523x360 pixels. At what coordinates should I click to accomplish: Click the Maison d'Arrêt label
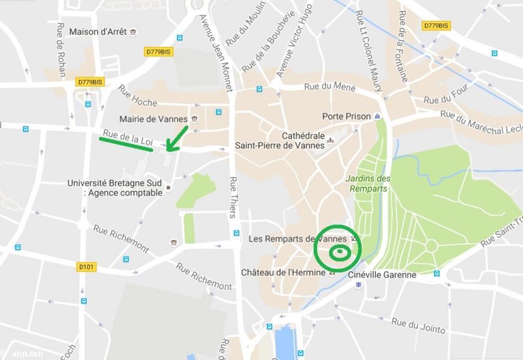(x=98, y=32)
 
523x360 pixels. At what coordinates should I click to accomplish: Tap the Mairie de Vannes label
(x=153, y=119)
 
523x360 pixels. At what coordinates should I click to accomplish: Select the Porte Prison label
(x=346, y=116)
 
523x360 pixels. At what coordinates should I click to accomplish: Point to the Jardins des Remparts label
(x=368, y=184)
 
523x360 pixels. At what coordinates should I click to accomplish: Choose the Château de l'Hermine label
(x=282, y=272)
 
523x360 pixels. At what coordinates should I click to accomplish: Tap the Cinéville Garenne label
(x=382, y=275)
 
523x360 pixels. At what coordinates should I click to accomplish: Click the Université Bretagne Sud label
(x=115, y=188)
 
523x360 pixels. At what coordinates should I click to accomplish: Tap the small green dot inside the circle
(x=339, y=253)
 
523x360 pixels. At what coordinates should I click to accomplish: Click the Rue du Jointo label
(x=418, y=326)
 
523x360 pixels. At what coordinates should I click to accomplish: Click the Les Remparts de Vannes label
(x=297, y=239)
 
